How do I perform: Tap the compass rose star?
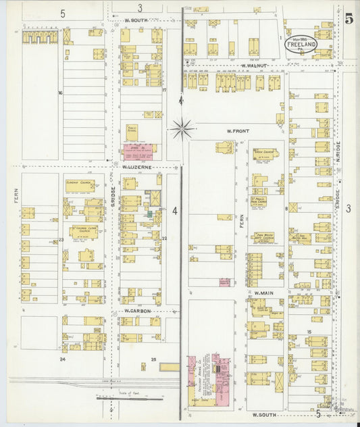(182, 126)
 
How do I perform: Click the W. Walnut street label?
(255, 65)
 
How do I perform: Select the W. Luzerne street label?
(137, 166)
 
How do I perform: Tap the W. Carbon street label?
(138, 311)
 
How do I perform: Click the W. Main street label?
(262, 293)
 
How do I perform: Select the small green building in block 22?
(150, 214)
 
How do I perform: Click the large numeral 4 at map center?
(174, 211)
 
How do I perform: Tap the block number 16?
(60, 92)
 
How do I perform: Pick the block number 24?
(62, 359)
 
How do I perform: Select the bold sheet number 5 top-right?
(348, 19)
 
